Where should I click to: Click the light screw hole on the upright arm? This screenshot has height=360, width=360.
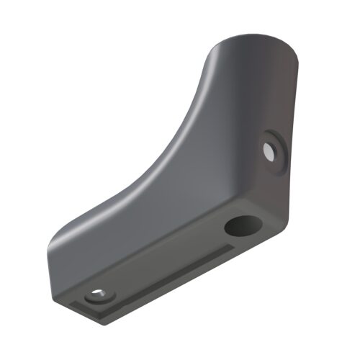pyautogui.click(x=269, y=151)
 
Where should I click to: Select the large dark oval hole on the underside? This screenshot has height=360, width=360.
pyautogui.click(x=241, y=227)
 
